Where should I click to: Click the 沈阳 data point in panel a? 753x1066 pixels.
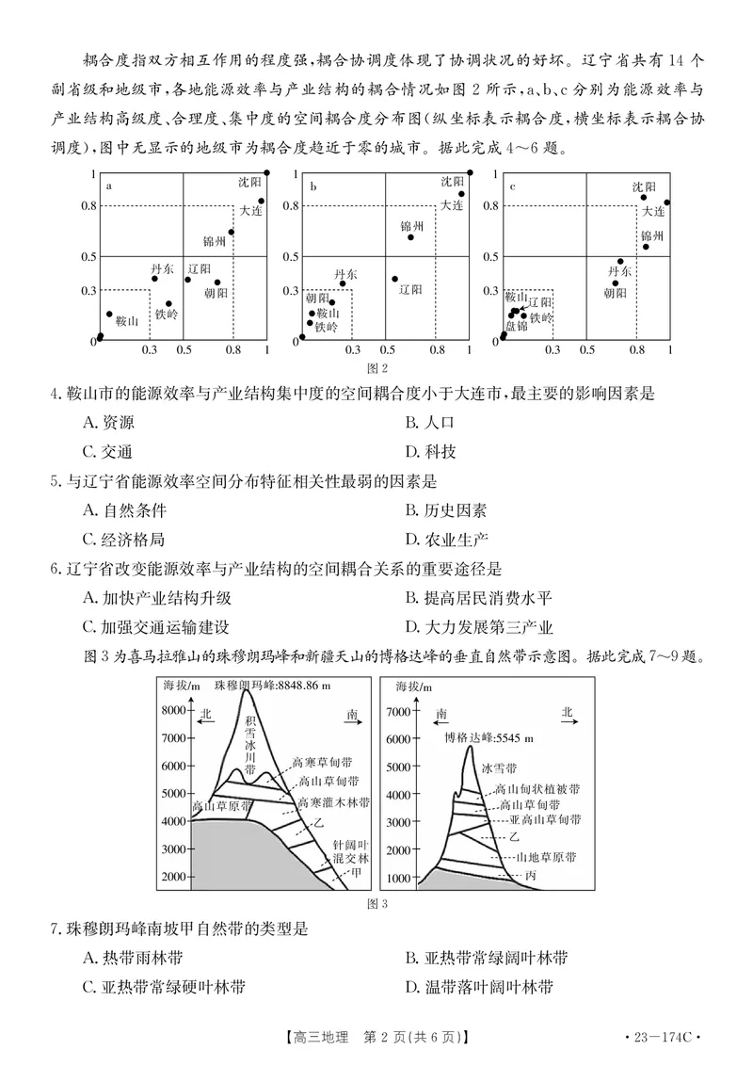coord(267,172)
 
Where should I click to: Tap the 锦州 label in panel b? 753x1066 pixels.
coord(412,227)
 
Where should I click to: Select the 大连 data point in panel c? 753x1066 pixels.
coord(667,202)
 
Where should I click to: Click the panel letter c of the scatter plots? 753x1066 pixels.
coord(512,186)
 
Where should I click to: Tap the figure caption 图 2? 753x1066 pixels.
coord(376,367)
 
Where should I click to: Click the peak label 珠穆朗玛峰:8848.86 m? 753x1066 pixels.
coord(272,686)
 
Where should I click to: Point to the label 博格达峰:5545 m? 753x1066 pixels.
coord(489,737)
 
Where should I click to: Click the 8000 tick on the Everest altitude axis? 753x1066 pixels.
coord(176,711)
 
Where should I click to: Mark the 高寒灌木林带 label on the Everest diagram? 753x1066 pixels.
coord(332,802)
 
